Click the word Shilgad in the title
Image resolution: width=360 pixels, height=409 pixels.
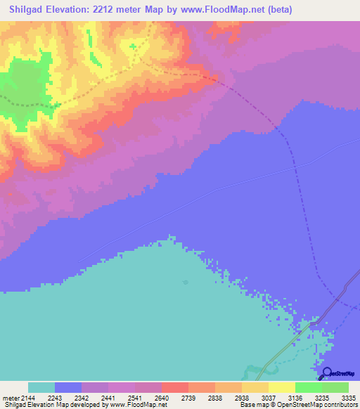click(29, 10)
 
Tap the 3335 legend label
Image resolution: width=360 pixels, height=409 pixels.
click(347, 398)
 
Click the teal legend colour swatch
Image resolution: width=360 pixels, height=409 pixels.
click(41, 387)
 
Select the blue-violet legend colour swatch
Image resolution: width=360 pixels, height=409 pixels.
click(68, 387)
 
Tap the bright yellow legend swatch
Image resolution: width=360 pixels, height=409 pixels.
click(282, 387)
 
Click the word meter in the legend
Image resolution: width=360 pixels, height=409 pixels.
click(11, 398)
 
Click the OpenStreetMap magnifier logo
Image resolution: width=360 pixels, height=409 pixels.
click(326, 372)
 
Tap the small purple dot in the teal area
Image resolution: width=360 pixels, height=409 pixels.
click(185, 283)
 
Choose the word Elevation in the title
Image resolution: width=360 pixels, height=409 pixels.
click(77, 10)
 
